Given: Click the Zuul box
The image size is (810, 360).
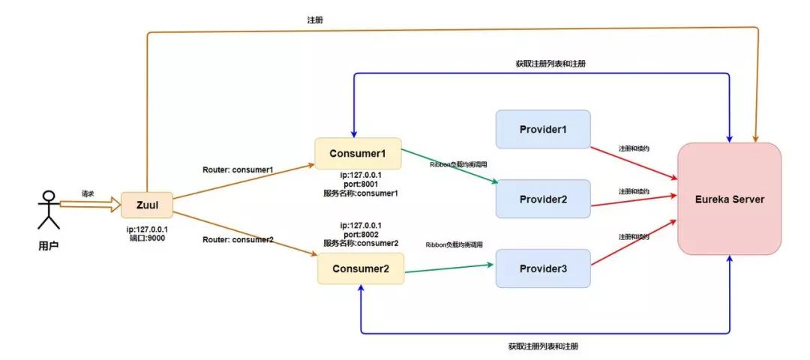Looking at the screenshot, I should point(147,204).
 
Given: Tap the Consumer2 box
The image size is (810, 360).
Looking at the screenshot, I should point(361,268).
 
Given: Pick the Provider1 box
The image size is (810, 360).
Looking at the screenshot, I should point(543,129).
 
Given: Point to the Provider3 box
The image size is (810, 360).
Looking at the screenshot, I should point(543,268).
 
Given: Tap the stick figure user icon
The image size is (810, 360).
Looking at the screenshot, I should point(49,209).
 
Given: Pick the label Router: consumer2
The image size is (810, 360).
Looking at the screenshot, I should point(238,239).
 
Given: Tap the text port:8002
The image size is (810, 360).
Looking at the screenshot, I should point(360,234).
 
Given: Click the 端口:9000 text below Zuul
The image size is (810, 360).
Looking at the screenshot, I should point(147,238).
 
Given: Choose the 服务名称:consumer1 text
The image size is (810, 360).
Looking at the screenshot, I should point(360,193).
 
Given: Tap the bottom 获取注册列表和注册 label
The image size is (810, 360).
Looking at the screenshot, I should point(543,346).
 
